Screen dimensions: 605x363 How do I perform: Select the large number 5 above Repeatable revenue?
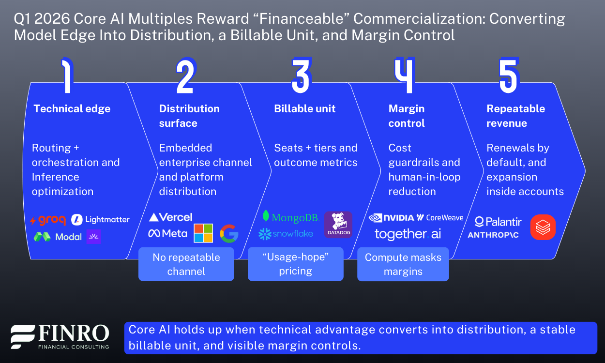click(508, 76)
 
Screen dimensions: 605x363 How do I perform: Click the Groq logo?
click(48, 220)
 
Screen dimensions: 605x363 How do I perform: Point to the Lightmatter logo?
click(101, 220)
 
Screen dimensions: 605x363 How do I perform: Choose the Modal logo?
click(58, 237)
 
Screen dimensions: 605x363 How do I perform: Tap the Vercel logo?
click(170, 217)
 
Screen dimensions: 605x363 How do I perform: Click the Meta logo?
click(167, 233)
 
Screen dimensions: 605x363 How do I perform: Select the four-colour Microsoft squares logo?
click(203, 233)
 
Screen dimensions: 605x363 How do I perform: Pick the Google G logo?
click(229, 233)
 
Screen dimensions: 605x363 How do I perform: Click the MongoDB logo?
click(290, 217)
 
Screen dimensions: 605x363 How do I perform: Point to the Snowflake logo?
click(286, 234)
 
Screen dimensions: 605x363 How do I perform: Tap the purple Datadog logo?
click(338, 225)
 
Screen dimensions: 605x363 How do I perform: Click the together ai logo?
click(408, 234)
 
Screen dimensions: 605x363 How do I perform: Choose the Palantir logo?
click(498, 222)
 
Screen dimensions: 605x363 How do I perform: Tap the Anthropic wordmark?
click(494, 235)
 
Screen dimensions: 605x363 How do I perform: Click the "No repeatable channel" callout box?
click(186, 264)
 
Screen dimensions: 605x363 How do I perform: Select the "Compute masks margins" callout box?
click(403, 264)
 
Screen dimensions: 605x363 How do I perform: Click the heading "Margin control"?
click(407, 116)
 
